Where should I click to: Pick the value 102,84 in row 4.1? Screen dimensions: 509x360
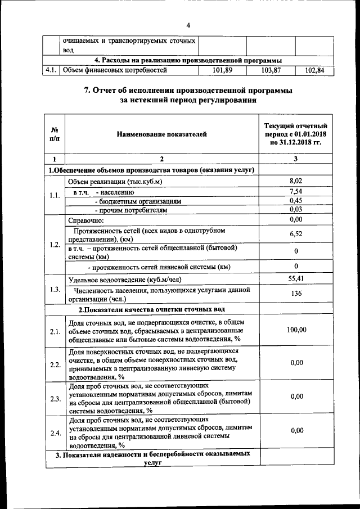pyautogui.click(x=315, y=71)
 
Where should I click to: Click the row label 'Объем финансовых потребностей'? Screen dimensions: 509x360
pyautogui.click(x=115, y=70)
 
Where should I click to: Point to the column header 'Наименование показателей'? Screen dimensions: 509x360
pyautogui.click(x=162, y=134)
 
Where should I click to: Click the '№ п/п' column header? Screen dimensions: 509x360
pyautogui.click(x=55, y=134)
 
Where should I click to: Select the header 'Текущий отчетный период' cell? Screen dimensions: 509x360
pyautogui.click(x=296, y=134)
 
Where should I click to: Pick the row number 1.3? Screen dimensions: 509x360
pyautogui.click(x=55, y=289)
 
